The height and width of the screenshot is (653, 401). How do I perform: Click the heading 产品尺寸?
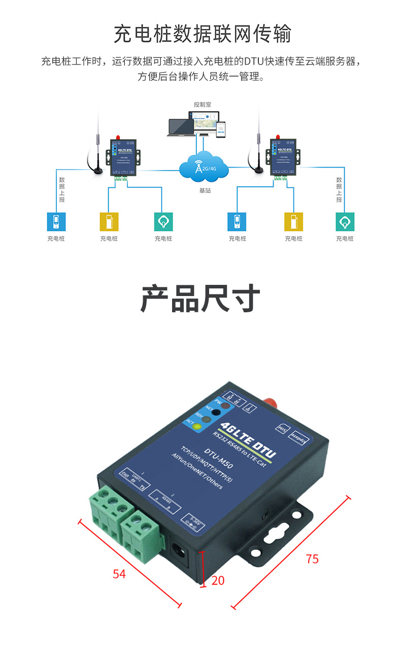pyautogui.click(x=200, y=299)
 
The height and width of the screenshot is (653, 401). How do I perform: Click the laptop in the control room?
pyautogui.click(x=181, y=127)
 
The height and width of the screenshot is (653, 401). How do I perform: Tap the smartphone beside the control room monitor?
pyautogui.click(x=221, y=129)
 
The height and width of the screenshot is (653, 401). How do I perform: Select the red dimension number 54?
pyautogui.click(x=119, y=574)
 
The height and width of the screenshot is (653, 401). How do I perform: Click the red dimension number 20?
pyautogui.click(x=218, y=580)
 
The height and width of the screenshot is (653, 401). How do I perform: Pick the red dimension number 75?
pyautogui.click(x=312, y=559)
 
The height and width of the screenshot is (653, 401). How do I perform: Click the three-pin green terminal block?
pyautogui.click(x=109, y=511)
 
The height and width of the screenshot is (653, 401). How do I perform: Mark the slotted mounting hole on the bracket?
pyautogui.click(x=277, y=533)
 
